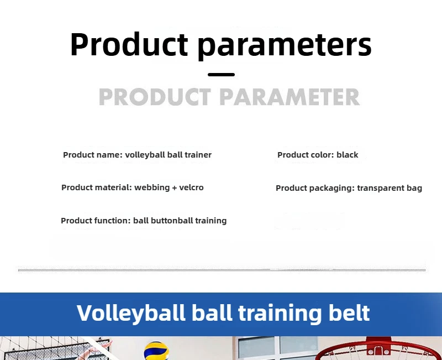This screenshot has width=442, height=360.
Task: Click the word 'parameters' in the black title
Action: [x=285, y=45]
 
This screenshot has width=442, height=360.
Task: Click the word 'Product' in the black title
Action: [x=129, y=44]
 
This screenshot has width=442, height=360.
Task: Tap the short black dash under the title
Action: [x=222, y=75]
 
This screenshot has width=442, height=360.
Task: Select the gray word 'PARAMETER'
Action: [x=290, y=97]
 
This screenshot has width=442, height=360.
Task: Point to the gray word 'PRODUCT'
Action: [x=155, y=97]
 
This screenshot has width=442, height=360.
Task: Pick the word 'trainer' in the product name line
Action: [x=198, y=155]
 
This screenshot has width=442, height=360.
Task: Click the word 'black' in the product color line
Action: [x=348, y=155]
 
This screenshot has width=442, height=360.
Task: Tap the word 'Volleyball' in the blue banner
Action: [x=131, y=313]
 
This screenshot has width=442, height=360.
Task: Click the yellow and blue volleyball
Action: [x=156, y=351]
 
